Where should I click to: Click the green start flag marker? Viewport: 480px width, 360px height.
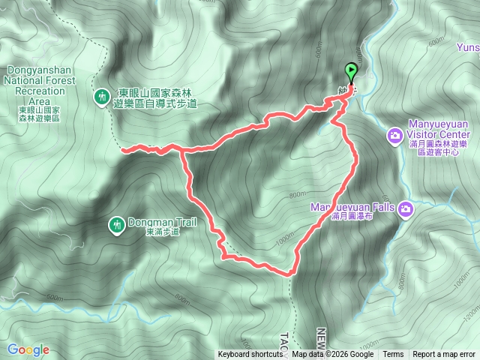point(351,72)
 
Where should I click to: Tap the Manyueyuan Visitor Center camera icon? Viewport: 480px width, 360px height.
point(394,136)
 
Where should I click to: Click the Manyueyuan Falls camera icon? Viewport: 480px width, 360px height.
point(406,208)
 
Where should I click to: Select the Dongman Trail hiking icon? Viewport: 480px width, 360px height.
point(116,223)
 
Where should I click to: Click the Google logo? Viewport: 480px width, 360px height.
point(28,349)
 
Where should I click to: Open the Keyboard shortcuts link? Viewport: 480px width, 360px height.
point(250,355)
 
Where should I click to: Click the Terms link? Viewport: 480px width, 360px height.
point(393,355)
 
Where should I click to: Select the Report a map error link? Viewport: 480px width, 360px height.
point(444,355)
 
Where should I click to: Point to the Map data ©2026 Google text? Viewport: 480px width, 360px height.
point(333,355)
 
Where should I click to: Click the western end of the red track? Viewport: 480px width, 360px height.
point(123,149)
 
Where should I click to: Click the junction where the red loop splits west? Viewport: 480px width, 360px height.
point(183,151)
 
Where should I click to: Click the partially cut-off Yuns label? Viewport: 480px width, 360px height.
point(468,46)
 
